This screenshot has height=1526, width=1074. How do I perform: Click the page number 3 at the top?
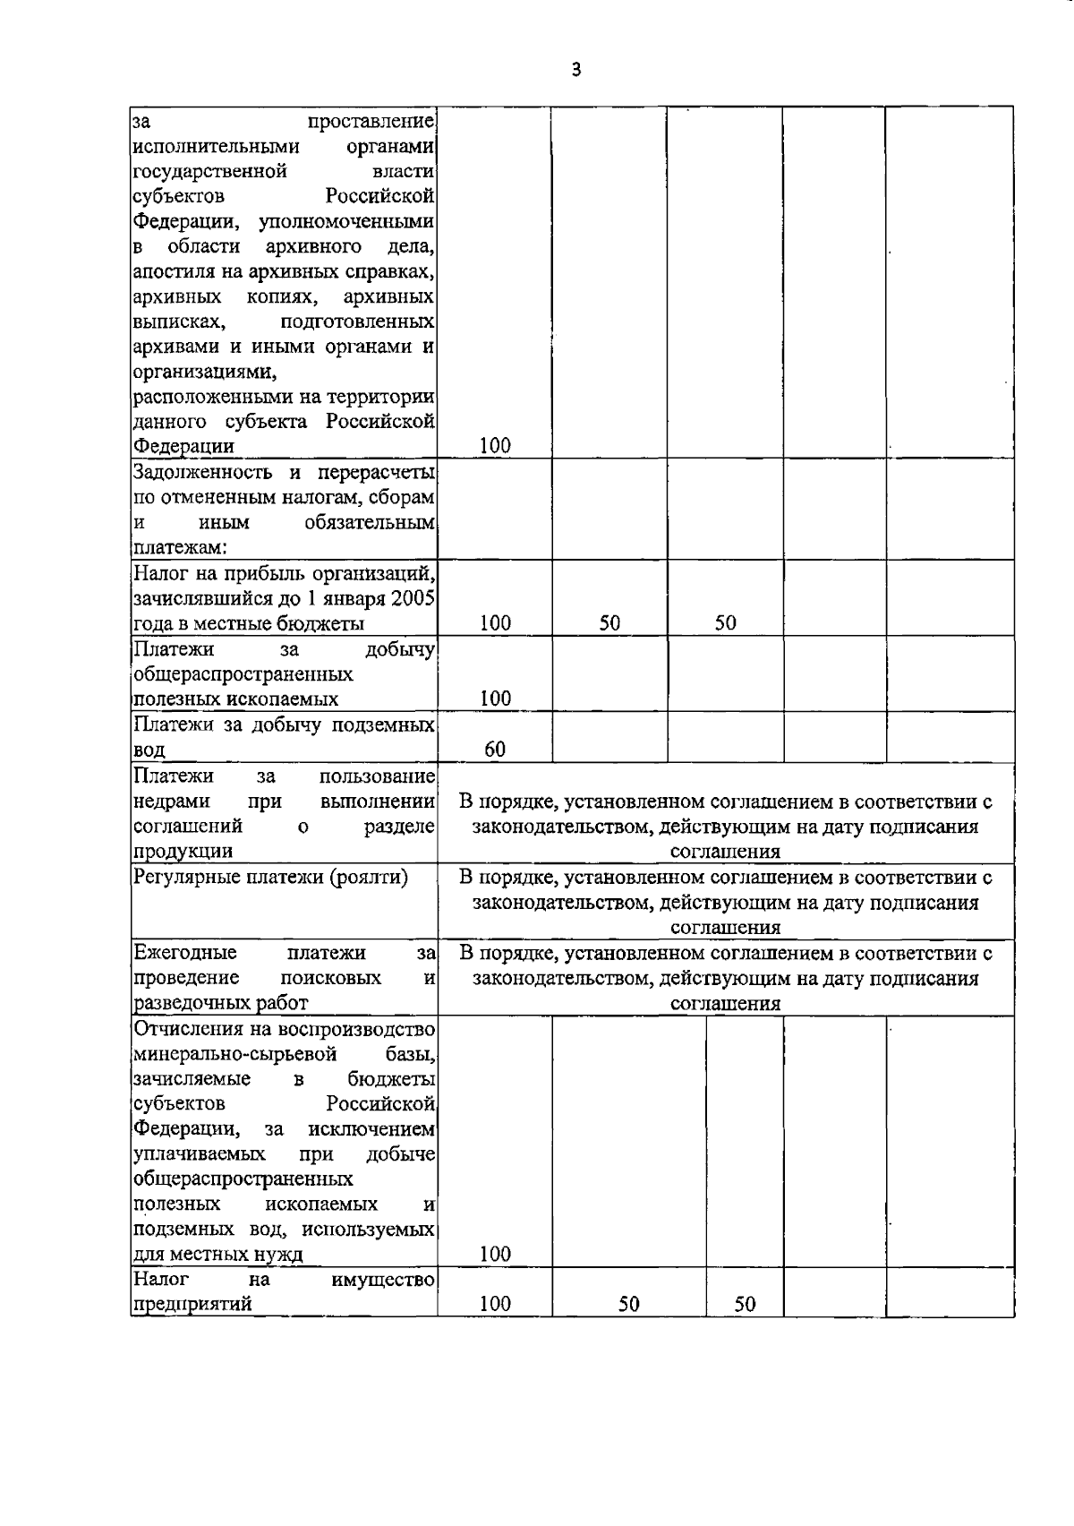coord(575,70)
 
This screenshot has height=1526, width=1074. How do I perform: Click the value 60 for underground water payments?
coord(495,750)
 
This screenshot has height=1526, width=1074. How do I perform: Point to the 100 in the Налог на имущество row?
coord(495,1304)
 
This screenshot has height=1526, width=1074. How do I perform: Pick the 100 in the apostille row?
coord(495,445)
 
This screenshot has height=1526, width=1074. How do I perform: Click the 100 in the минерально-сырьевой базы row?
coord(495,1254)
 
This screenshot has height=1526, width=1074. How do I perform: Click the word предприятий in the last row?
coord(192,1305)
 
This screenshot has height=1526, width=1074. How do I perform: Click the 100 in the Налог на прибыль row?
coord(495,623)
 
